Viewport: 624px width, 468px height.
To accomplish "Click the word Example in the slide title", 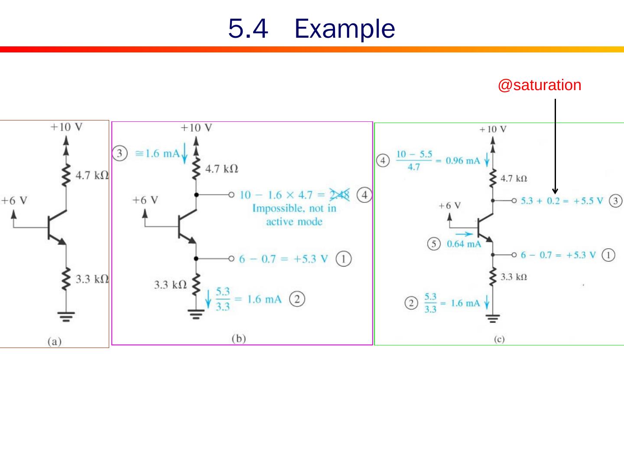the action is [344, 29].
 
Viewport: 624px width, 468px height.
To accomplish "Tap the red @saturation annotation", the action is [539, 85].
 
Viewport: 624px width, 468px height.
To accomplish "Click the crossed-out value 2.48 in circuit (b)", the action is [339, 195].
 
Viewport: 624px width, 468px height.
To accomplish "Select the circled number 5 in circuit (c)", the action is [434, 244].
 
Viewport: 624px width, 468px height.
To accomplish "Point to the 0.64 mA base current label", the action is [464, 244].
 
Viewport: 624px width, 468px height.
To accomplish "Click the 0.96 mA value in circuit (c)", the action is [463, 161].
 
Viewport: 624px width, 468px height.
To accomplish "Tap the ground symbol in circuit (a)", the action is [66, 317].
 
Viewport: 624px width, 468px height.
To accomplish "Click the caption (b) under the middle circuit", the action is [239, 338].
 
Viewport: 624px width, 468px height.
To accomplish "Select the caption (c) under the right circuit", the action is [499, 339].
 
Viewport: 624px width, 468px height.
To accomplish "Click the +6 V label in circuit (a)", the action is [14, 201].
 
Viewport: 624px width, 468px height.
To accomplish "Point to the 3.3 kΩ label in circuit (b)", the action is [170, 285].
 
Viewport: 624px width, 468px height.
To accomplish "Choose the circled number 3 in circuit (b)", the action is [120, 153].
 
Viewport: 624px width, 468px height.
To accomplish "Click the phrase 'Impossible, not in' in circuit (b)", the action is [294, 208].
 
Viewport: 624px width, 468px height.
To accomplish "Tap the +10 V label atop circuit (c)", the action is [493, 129].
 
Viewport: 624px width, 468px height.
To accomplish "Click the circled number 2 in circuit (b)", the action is [297, 299].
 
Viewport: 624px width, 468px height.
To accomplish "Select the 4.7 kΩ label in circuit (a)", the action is [92, 175].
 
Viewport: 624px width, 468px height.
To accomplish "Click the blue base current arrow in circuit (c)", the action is [464, 234].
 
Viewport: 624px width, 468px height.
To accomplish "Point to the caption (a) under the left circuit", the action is [55, 341].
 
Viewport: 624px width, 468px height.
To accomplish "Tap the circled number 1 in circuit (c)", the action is [608, 255].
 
